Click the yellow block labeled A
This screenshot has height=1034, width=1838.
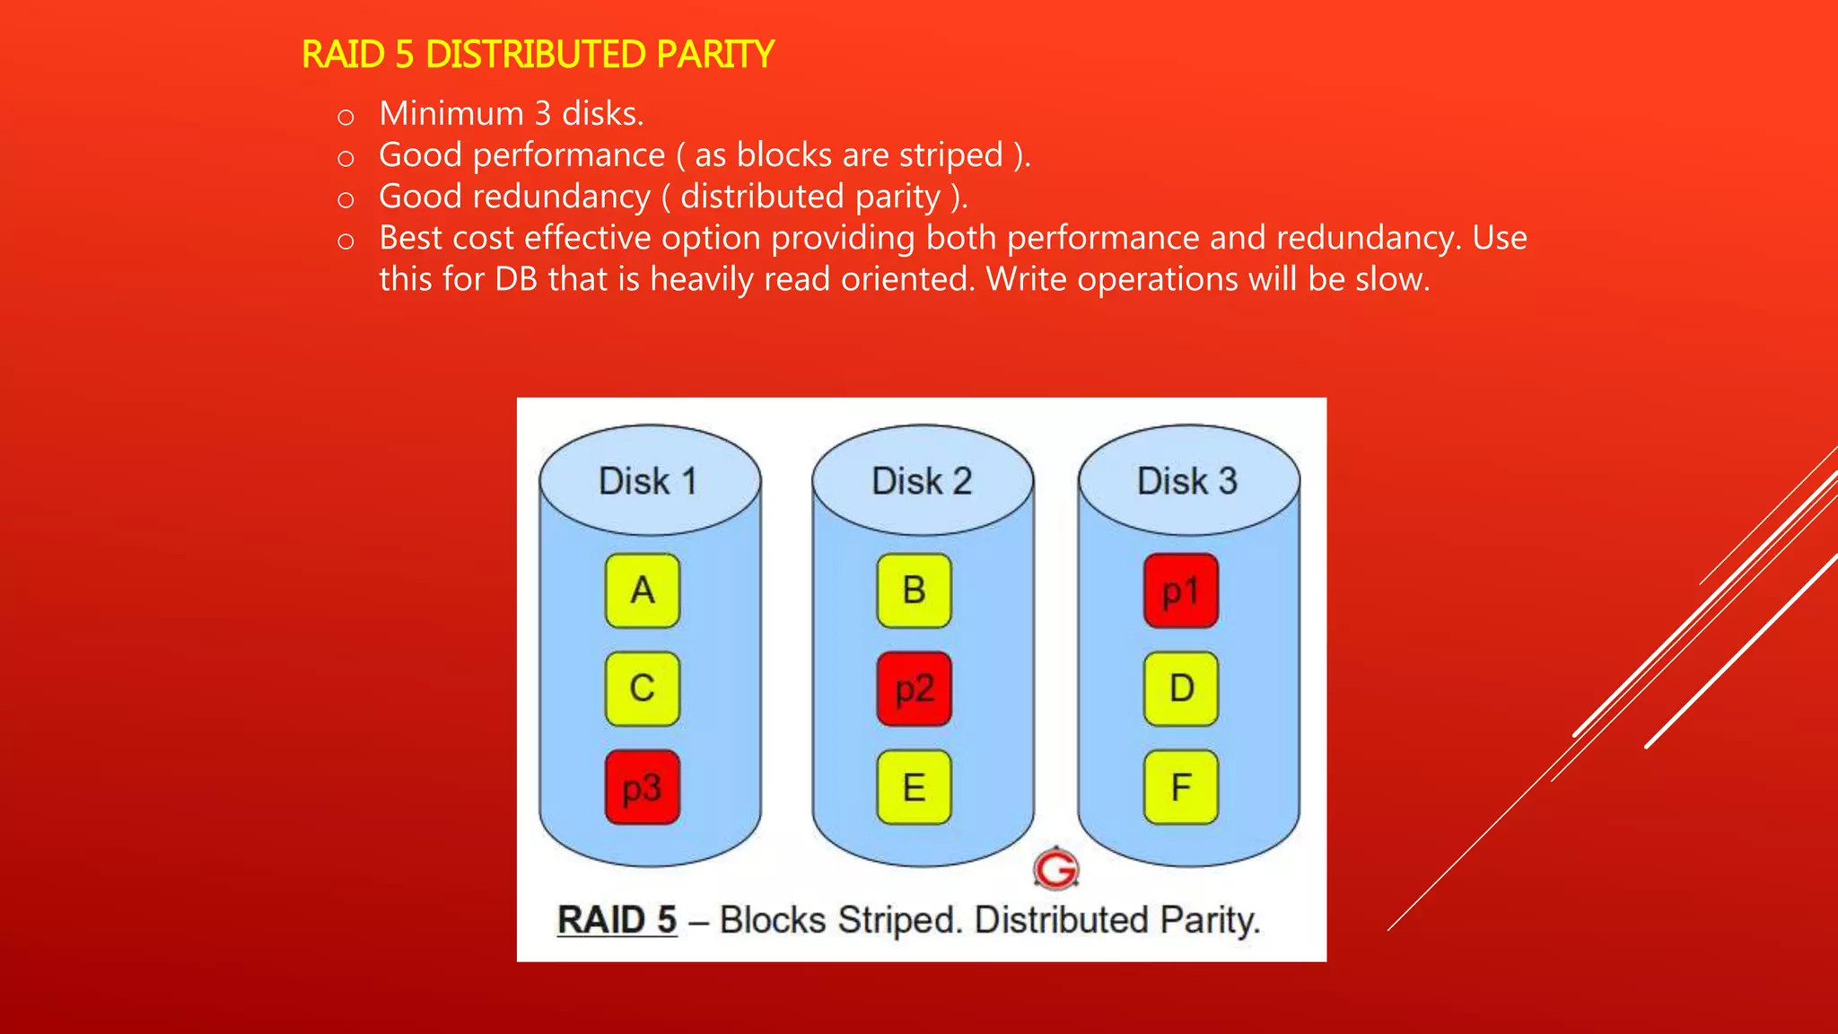coord(643,591)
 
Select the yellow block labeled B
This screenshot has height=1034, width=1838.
coord(914,591)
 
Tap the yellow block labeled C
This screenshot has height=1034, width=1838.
coord(643,688)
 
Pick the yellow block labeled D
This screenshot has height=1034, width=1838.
coord(1181,688)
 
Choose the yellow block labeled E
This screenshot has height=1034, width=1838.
coord(914,787)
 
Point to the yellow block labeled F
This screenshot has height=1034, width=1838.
coord(1181,787)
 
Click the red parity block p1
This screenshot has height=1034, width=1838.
coord(1181,591)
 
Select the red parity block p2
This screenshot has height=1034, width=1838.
coord(914,688)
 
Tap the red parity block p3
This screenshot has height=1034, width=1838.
coord(643,787)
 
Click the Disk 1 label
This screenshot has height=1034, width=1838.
coord(648,481)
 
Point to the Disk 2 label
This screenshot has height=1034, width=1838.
coord(922,481)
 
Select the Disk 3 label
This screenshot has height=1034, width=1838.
coord(1187,481)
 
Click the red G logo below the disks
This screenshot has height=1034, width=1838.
coord(1055,868)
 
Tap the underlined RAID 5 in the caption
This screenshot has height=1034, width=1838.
coord(617,920)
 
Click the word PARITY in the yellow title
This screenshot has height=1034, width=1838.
coord(714,55)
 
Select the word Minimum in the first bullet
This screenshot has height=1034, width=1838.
coord(451,114)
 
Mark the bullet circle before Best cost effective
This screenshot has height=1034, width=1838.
coord(346,241)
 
